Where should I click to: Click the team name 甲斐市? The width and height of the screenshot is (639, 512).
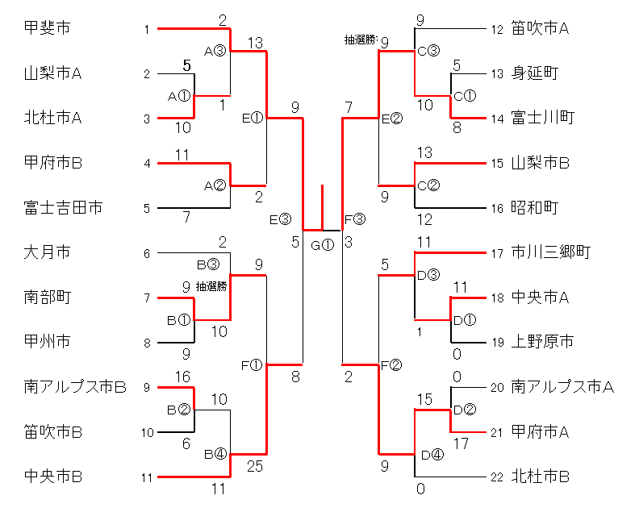[x=48, y=29]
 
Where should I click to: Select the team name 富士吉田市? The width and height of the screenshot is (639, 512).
[x=64, y=208]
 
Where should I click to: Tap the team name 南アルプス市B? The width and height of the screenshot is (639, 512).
[x=75, y=387]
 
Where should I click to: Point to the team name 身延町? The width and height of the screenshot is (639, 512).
[x=535, y=73]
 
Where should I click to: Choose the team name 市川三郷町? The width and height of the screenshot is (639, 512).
[x=551, y=252]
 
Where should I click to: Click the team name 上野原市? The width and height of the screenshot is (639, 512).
[x=543, y=342]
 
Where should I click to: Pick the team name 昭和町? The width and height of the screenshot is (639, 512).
[x=535, y=208]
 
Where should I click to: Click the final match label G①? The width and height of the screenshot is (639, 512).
[x=322, y=244]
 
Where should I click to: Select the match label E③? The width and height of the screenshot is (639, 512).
[x=280, y=219]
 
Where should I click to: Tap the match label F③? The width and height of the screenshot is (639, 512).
[x=355, y=219]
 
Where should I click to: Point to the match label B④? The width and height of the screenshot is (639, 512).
[x=214, y=454]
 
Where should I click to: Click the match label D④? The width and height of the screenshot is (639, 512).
[x=432, y=454]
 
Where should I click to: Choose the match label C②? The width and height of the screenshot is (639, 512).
[x=428, y=185]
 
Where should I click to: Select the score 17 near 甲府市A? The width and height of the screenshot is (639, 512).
[x=461, y=443]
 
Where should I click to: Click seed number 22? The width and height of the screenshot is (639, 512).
[x=497, y=477]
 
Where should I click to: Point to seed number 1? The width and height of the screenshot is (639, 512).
[x=147, y=30]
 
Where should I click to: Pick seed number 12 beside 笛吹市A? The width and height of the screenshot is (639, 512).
[x=497, y=30]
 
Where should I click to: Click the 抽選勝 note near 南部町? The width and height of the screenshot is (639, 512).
[x=211, y=285]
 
